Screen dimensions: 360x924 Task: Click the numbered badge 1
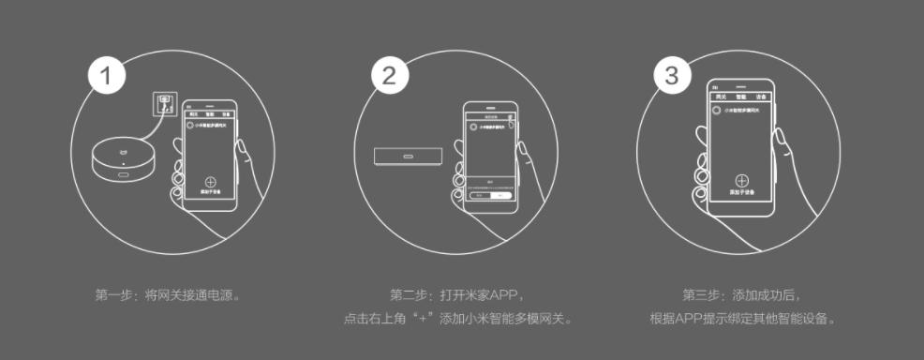[109, 77]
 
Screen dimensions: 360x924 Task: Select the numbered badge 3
[671, 77]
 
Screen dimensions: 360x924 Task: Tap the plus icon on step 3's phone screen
[740, 181]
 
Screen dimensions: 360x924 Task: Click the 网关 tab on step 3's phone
[720, 97]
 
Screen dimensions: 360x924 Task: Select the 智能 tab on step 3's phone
[741, 97]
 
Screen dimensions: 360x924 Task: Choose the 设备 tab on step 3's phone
[762, 97]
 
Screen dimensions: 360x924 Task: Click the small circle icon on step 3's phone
[716, 111]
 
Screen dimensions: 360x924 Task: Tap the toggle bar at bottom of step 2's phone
[491, 196]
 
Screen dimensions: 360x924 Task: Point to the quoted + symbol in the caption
[427, 319]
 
